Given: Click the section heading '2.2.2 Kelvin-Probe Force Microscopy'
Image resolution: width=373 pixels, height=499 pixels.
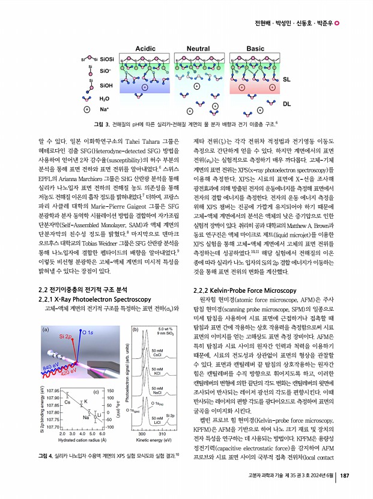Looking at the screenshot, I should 242,290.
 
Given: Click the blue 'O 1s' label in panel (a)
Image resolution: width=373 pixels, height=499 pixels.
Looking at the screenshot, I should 86,332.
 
